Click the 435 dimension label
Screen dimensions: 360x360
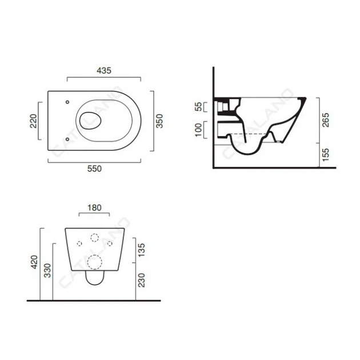point(104,70)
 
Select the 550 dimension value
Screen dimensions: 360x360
point(94,169)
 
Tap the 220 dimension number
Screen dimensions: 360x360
point(33,121)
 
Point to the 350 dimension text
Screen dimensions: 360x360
point(159,121)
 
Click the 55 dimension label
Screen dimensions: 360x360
point(199,107)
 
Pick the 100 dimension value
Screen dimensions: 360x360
point(199,130)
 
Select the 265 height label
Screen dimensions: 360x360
point(326,120)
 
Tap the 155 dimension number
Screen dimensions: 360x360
point(326,155)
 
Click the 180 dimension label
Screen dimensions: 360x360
point(94,208)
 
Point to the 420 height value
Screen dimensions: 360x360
point(34,262)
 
